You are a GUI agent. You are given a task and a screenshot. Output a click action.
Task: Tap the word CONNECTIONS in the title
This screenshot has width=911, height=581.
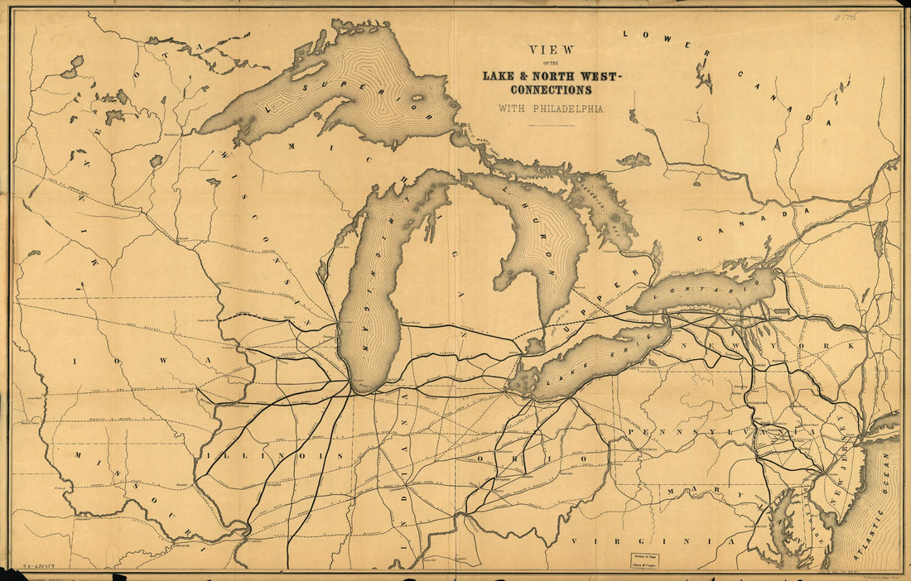pyautogui.click(x=551, y=89)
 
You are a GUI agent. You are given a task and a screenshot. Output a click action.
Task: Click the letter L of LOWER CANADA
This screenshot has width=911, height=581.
pyautogui.click(x=628, y=34)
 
